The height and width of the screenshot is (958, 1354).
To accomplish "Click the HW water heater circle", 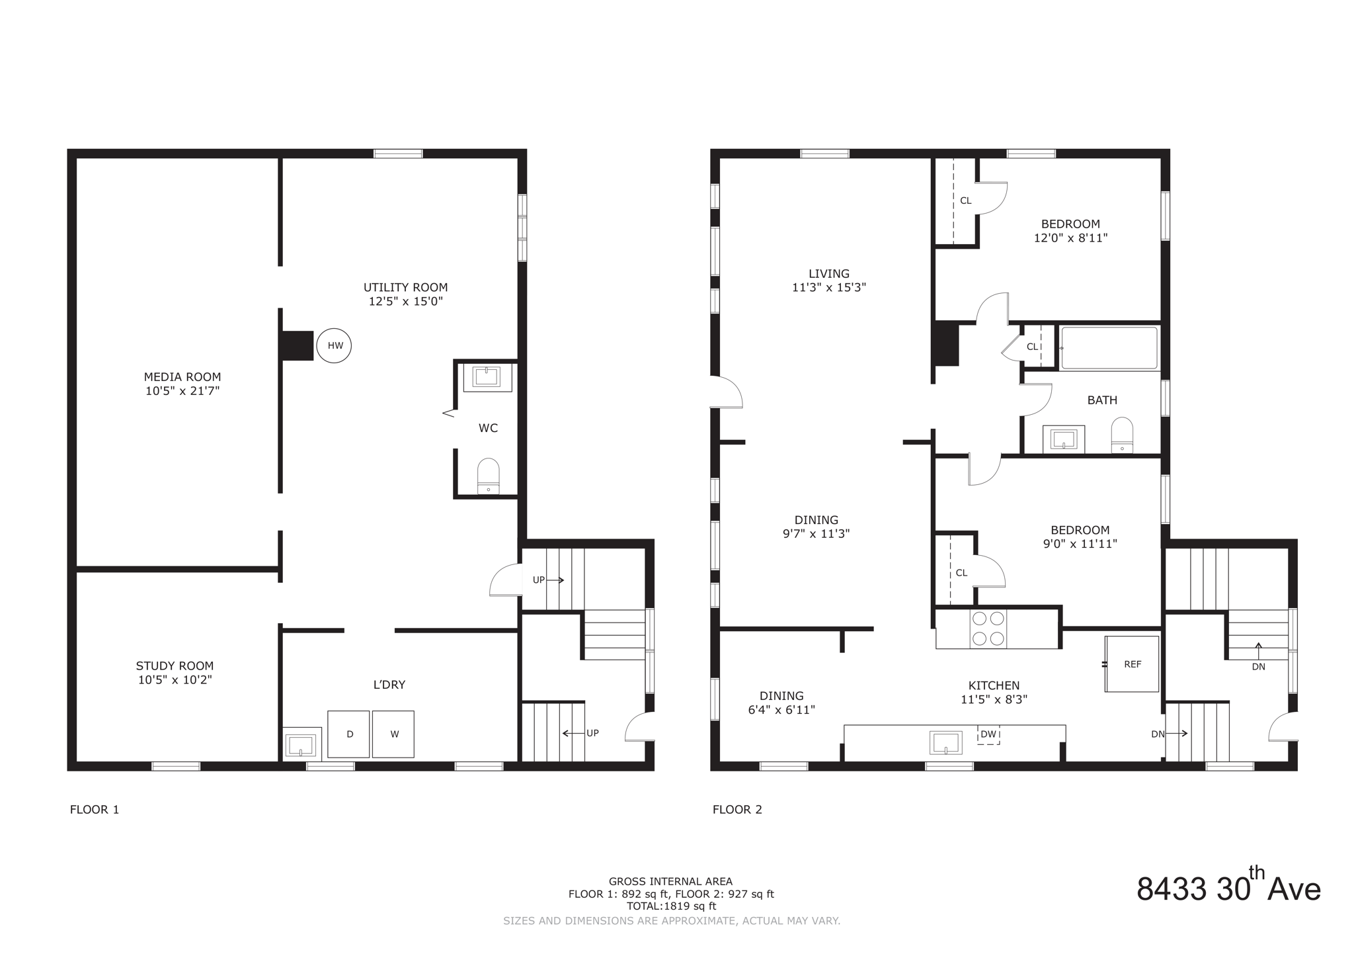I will pos(334,345).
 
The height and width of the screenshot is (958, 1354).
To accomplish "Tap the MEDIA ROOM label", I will pos(182,377).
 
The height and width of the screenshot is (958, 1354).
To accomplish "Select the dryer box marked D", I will pos(349,734).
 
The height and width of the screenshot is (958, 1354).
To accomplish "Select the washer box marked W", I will pos(393,734).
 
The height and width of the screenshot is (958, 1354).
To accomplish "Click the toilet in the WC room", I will pos(488,477).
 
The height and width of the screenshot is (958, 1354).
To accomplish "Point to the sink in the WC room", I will pos(487,377).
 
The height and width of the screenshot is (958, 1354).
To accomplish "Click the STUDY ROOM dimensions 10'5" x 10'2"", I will pos(175,679).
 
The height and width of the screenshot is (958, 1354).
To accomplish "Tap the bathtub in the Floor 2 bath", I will pos(1109,348).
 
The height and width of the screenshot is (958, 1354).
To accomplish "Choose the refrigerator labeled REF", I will pos(1132,664).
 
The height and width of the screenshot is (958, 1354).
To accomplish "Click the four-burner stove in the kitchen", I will pos(988,629).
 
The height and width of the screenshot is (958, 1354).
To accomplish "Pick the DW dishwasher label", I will pos(988,734).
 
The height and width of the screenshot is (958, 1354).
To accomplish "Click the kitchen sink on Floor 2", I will pos(946,742).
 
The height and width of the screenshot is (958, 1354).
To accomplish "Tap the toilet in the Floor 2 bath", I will pos(1122,435).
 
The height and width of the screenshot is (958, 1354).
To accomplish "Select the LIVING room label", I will pos(829,273).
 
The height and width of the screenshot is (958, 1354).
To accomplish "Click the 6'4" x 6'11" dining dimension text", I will pos(781,710).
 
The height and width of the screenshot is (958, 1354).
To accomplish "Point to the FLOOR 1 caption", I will pos(95,809).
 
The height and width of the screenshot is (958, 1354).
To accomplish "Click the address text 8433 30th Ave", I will pos(1228,889).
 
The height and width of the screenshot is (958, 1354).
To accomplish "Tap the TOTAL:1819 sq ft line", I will pos(671,906).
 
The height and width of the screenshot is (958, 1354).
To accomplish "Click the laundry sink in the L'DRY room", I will pos(301,744).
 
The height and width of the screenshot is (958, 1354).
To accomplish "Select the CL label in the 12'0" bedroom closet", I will pos(965,200).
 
